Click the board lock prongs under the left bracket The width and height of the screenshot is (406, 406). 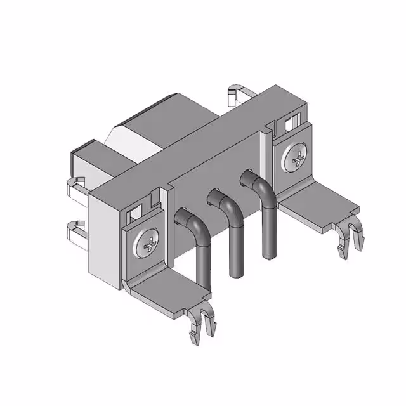[x=202, y=324]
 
